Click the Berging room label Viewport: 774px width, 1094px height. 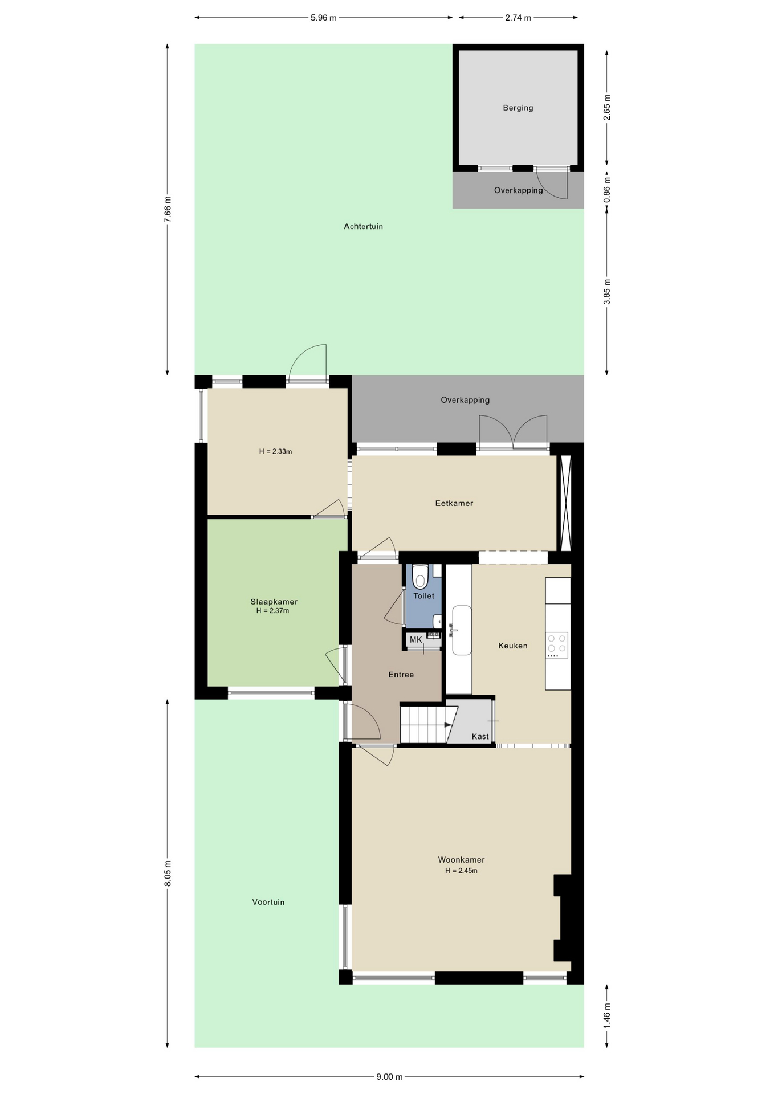pos(518,108)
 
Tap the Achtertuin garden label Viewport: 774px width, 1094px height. pos(363,226)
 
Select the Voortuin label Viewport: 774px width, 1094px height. pos(268,902)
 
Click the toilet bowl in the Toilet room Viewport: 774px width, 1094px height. pos(421,576)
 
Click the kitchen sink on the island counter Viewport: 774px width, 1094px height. pos(462,630)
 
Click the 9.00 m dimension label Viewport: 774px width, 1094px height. pos(389,1077)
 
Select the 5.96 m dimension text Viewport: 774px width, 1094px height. pos(323,18)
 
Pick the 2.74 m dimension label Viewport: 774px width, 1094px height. pos(518,18)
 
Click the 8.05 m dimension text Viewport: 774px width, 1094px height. pos(168,873)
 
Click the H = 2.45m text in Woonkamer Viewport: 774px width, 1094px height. pos(461,871)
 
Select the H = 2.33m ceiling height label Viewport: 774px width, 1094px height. pos(275,451)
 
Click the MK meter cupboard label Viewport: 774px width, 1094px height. pos(416,639)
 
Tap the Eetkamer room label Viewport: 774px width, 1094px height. pos(454,503)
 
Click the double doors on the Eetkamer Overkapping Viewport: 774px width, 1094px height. pos(513,433)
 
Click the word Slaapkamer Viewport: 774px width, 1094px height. pos(274,602)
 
